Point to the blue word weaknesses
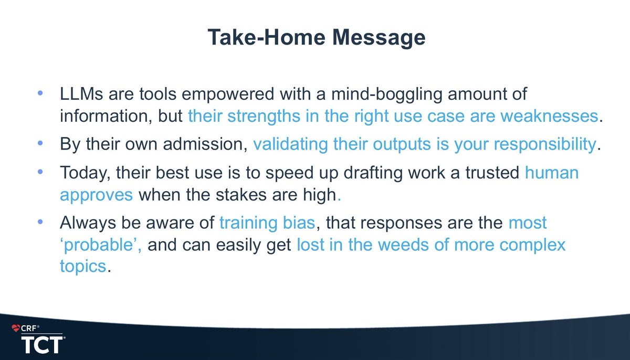(x=554, y=116)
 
